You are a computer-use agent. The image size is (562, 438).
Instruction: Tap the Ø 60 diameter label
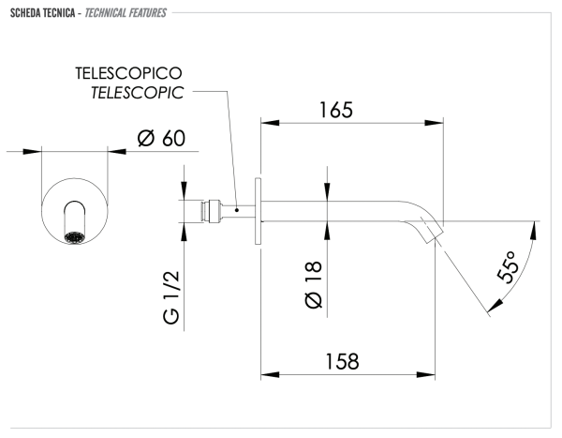[160, 139]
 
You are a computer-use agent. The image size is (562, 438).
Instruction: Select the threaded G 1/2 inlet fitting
[201, 210]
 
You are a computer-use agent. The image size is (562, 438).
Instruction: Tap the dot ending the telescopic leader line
[238, 210]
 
